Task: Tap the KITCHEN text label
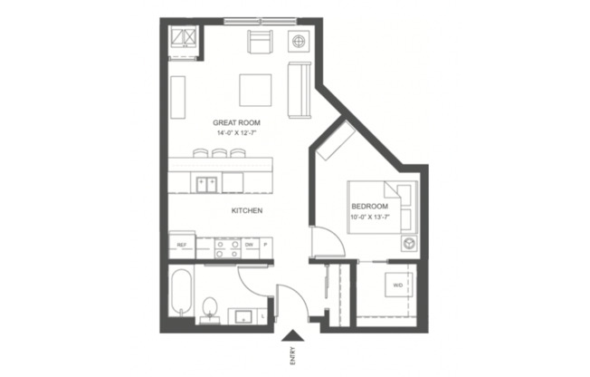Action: click(246, 210)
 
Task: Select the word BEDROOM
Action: click(369, 207)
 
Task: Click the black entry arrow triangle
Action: click(291, 333)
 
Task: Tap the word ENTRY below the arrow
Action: click(291, 353)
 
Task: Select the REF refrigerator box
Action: click(181, 245)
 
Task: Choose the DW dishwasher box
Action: click(249, 245)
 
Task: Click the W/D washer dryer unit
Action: click(398, 286)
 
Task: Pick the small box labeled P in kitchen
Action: click(265, 245)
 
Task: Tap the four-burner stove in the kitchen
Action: click(226, 245)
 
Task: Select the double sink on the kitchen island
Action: click(205, 183)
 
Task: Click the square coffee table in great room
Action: click(254, 90)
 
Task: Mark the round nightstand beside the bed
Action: click(408, 244)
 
